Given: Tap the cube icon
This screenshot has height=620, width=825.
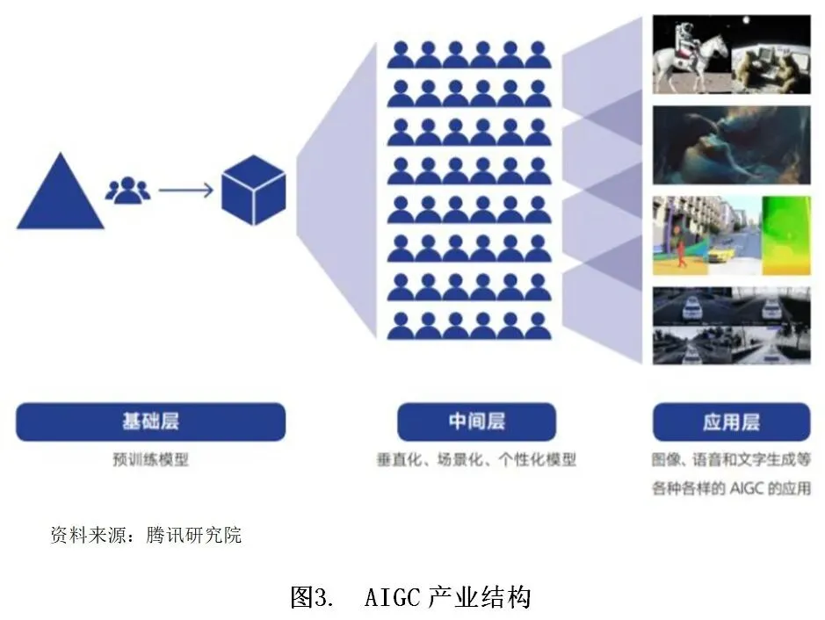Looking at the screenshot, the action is tap(253, 190).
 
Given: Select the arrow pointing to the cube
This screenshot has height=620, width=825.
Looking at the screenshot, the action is tap(185, 189).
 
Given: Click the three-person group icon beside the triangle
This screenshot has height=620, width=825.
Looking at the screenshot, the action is tap(127, 189).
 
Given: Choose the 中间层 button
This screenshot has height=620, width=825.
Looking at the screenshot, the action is tap(476, 422).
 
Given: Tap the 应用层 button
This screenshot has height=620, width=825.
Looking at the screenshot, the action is tap(731, 422).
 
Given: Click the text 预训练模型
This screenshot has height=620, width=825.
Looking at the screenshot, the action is tap(150, 459).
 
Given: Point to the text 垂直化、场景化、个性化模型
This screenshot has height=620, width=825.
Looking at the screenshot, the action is tap(476, 459).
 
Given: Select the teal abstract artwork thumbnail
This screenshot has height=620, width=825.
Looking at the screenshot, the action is tap(731, 146).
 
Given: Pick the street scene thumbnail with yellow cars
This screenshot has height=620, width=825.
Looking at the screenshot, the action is tap(731, 235).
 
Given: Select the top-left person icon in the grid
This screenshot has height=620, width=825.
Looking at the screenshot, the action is tap(401, 54).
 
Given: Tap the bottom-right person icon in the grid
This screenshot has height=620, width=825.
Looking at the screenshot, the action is tap(538, 326).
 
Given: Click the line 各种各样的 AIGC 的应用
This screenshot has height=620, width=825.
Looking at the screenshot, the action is tap(731, 489).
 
